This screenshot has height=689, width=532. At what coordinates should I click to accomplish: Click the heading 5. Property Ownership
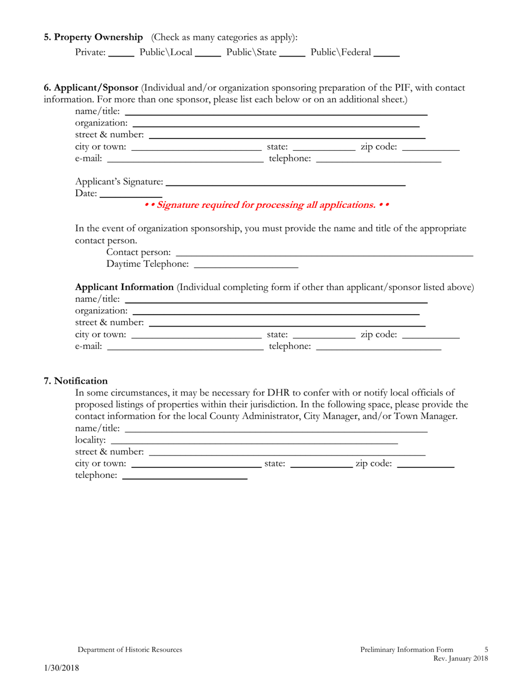(x=94, y=38)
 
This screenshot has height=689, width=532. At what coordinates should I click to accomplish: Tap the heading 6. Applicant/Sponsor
(x=91, y=88)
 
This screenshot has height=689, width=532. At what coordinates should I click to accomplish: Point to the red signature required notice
(x=267, y=205)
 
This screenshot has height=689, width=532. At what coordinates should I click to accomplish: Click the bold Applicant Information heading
(x=124, y=287)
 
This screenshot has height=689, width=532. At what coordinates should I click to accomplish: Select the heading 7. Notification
(x=76, y=381)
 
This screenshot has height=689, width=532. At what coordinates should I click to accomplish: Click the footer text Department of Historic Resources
(x=129, y=650)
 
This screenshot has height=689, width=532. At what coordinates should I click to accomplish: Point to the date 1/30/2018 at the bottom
(x=62, y=668)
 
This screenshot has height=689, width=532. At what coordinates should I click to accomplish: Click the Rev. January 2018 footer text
(x=460, y=659)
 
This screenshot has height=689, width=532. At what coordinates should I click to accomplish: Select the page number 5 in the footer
(x=486, y=650)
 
